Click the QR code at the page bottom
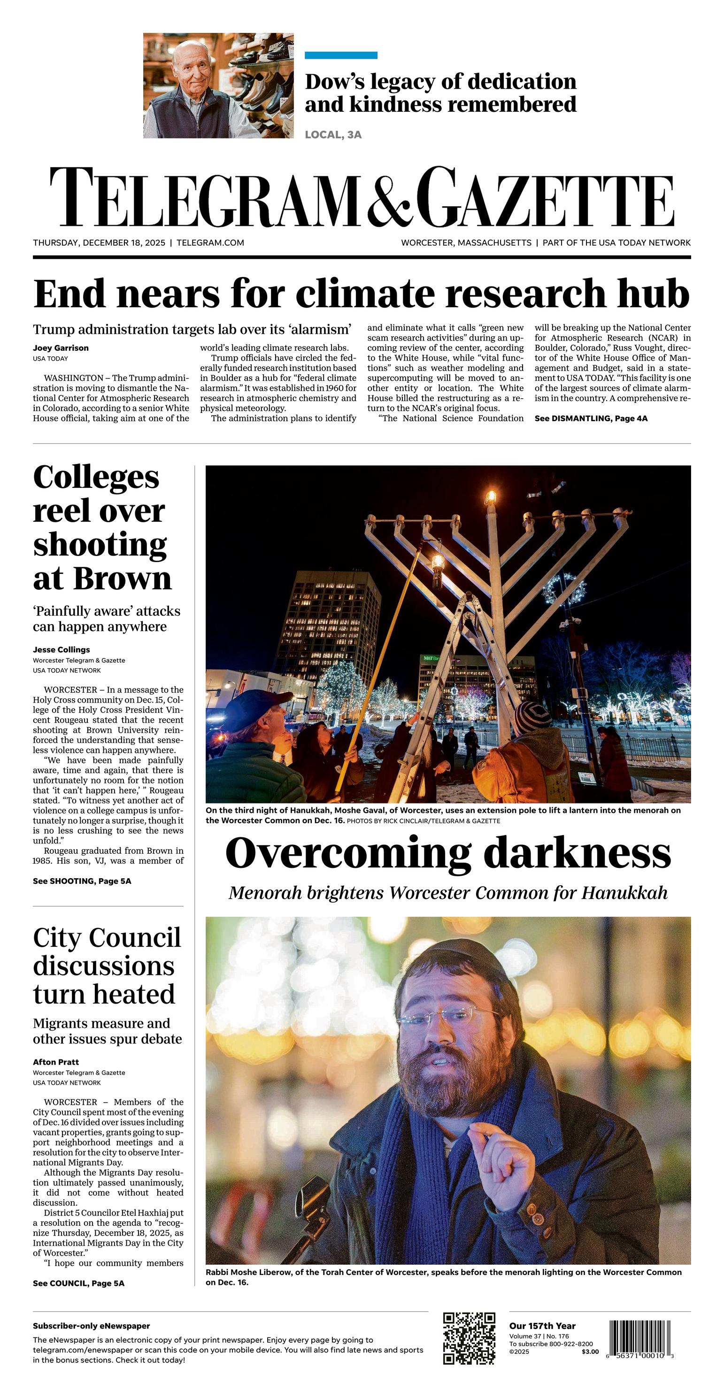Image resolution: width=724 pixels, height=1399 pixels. pyautogui.click(x=469, y=1338)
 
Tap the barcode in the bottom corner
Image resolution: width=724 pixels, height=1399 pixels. pyautogui.click(x=641, y=1338)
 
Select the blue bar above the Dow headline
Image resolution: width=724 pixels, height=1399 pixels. pyautogui.click(x=340, y=55)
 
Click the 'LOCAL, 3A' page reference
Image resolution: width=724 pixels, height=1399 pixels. pyautogui.click(x=333, y=135)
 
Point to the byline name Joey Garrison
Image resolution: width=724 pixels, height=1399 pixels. pyautogui.click(x=61, y=348)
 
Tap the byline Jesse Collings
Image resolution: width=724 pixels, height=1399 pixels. pyautogui.click(x=62, y=649)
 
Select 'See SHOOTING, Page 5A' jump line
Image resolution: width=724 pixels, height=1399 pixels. pyautogui.click(x=82, y=881)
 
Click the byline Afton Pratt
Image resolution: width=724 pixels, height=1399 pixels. pyautogui.click(x=56, y=1062)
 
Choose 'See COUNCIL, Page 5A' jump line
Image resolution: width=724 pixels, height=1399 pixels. pyautogui.click(x=79, y=1283)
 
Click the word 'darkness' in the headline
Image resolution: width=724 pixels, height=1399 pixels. pyautogui.click(x=577, y=853)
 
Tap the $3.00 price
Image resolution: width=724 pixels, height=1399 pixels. pyautogui.click(x=590, y=1352)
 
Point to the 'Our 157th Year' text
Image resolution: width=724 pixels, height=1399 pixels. pyautogui.click(x=542, y=1326)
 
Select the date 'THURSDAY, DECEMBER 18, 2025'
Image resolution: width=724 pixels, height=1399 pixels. pyautogui.click(x=99, y=243)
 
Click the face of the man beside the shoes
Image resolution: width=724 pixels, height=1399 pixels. pyautogui.click(x=193, y=69)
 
